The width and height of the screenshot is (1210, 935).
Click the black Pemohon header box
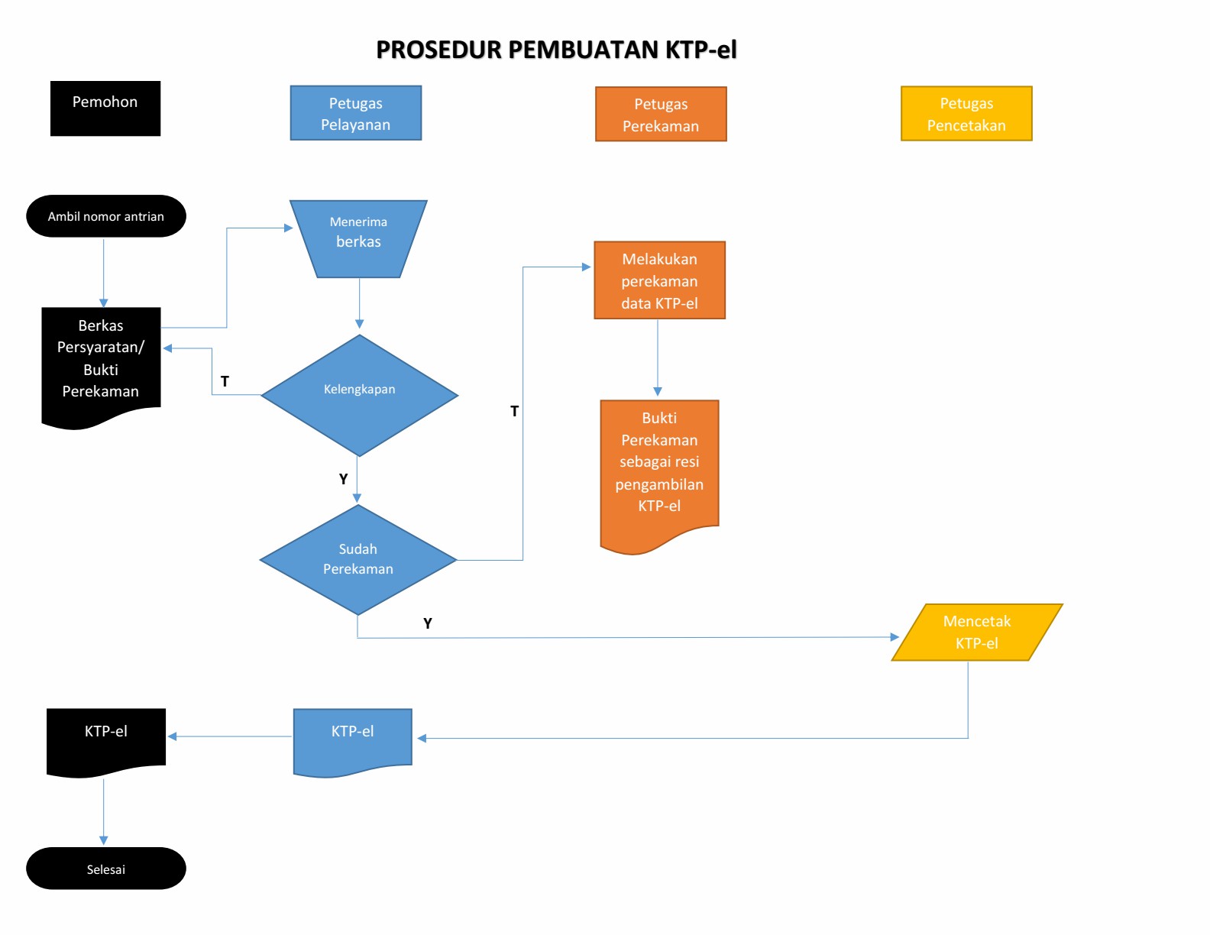click(x=105, y=108)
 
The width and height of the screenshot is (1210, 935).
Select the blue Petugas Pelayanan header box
click(x=356, y=113)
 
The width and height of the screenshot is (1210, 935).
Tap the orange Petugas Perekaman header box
click(x=661, y=114)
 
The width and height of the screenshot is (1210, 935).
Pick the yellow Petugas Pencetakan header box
click(x=966, y=114)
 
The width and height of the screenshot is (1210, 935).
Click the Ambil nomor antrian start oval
click(x=105, y=216)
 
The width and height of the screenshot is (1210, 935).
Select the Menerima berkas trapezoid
click(x=358, y=239)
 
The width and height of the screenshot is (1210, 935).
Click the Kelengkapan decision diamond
click(x=360, y=396)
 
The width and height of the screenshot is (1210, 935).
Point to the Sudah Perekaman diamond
click(x=358, y=560)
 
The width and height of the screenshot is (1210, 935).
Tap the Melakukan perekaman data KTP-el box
click(x=660, y=280)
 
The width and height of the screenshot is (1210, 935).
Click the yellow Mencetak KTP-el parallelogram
click(x=977, y=632)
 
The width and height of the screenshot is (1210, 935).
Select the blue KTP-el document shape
click(x=353, y=741)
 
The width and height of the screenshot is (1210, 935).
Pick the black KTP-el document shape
click(x=105, y=741)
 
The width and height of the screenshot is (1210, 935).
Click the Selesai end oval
click(x=105, y=869)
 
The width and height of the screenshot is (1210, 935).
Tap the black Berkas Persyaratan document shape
click(x=102, y=364)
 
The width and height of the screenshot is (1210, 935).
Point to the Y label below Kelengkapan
click(x=344, y=479)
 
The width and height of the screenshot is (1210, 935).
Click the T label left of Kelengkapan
click(x=225, y=381)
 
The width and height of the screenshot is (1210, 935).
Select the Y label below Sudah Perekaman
click(x=428, y=623)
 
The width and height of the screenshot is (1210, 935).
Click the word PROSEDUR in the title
click(x=439, y=50)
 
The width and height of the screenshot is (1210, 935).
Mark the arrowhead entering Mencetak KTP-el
click(x=895, y=637)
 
